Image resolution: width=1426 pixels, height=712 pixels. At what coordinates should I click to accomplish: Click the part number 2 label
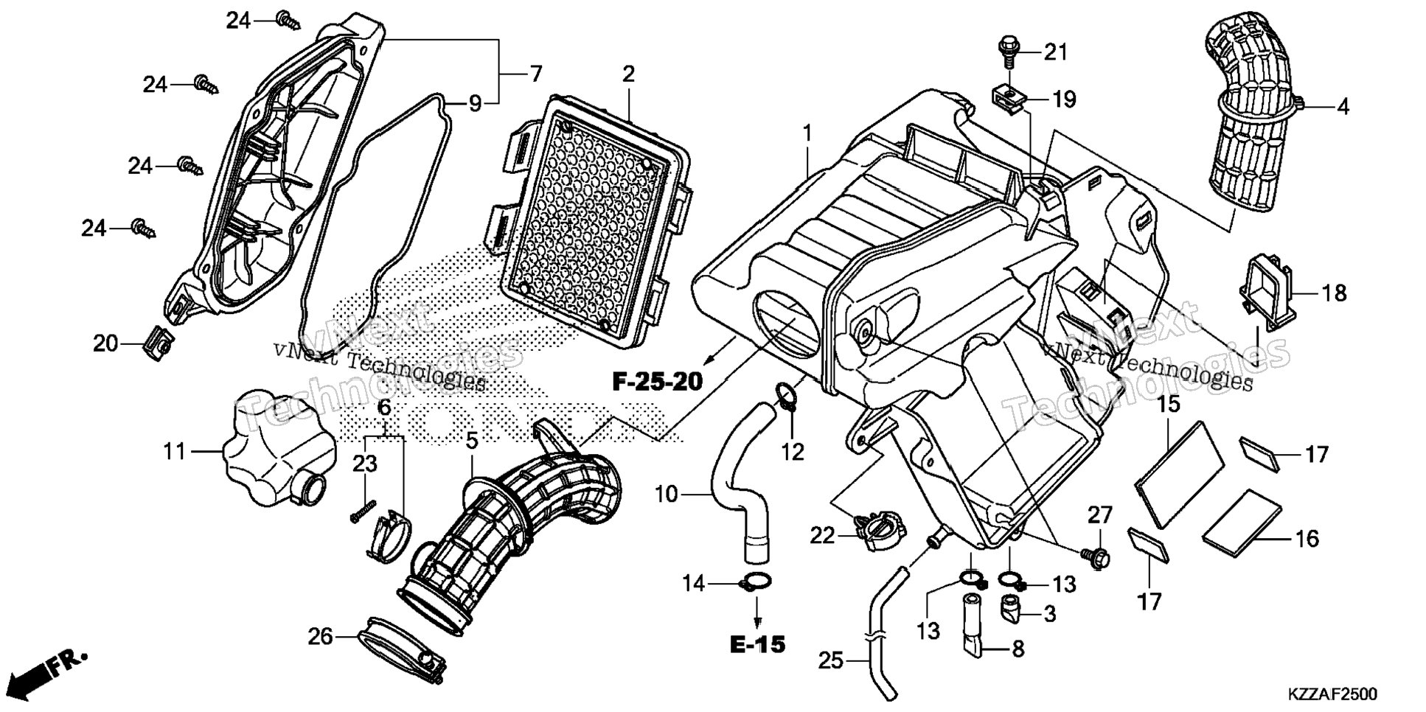click(628, 74)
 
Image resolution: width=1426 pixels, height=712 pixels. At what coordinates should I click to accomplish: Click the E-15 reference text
click(758, 643)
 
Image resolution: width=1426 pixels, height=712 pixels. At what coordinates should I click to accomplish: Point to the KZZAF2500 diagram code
click(1332, 695)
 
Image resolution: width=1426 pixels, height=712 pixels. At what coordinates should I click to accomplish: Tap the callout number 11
click(174, 450)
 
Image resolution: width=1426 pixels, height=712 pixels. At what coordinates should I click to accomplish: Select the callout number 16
click(1307, 539)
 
